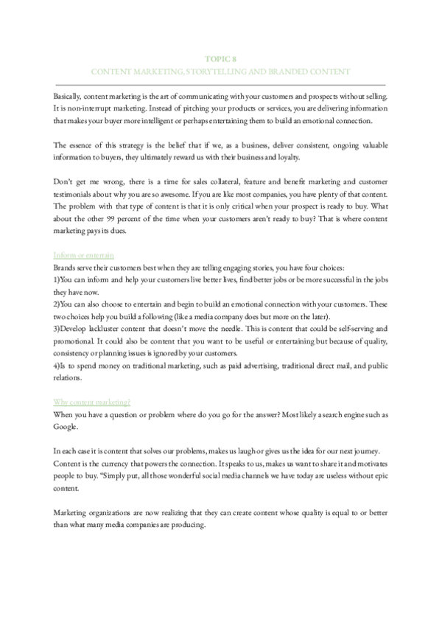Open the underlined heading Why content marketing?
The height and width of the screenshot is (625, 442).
click(93, 402)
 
